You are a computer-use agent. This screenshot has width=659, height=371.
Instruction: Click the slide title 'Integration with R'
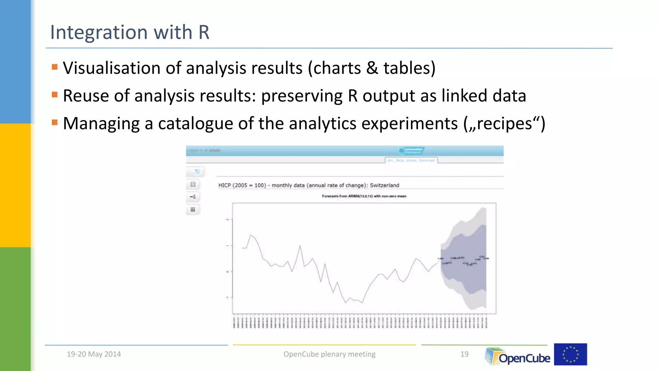tap(130, 32)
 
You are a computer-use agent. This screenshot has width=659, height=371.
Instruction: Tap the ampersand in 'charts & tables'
tap(372, 68)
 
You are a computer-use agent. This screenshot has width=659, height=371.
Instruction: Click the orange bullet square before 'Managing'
tap(55, 122)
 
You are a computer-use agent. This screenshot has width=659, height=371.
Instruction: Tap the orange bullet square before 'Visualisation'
tap(55, 67)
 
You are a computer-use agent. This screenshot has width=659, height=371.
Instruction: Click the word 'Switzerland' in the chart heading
tap(384, 185)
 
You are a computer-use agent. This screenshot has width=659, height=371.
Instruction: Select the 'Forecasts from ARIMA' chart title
tap(364, 196)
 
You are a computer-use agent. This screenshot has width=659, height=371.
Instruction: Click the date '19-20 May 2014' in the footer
tap(94, 354)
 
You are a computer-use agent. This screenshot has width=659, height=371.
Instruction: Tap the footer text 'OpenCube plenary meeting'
tap(329, 354)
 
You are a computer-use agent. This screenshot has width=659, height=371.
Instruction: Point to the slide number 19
tap(464, 354)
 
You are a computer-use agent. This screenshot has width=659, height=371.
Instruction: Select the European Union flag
tap(570, 354)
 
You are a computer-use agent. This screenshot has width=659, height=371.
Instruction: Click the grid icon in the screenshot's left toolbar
tap(193, 210)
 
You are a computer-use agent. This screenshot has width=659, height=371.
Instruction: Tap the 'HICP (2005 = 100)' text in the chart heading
tap(242, 185)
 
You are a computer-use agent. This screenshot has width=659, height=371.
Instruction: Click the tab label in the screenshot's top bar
tap(411, 160)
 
